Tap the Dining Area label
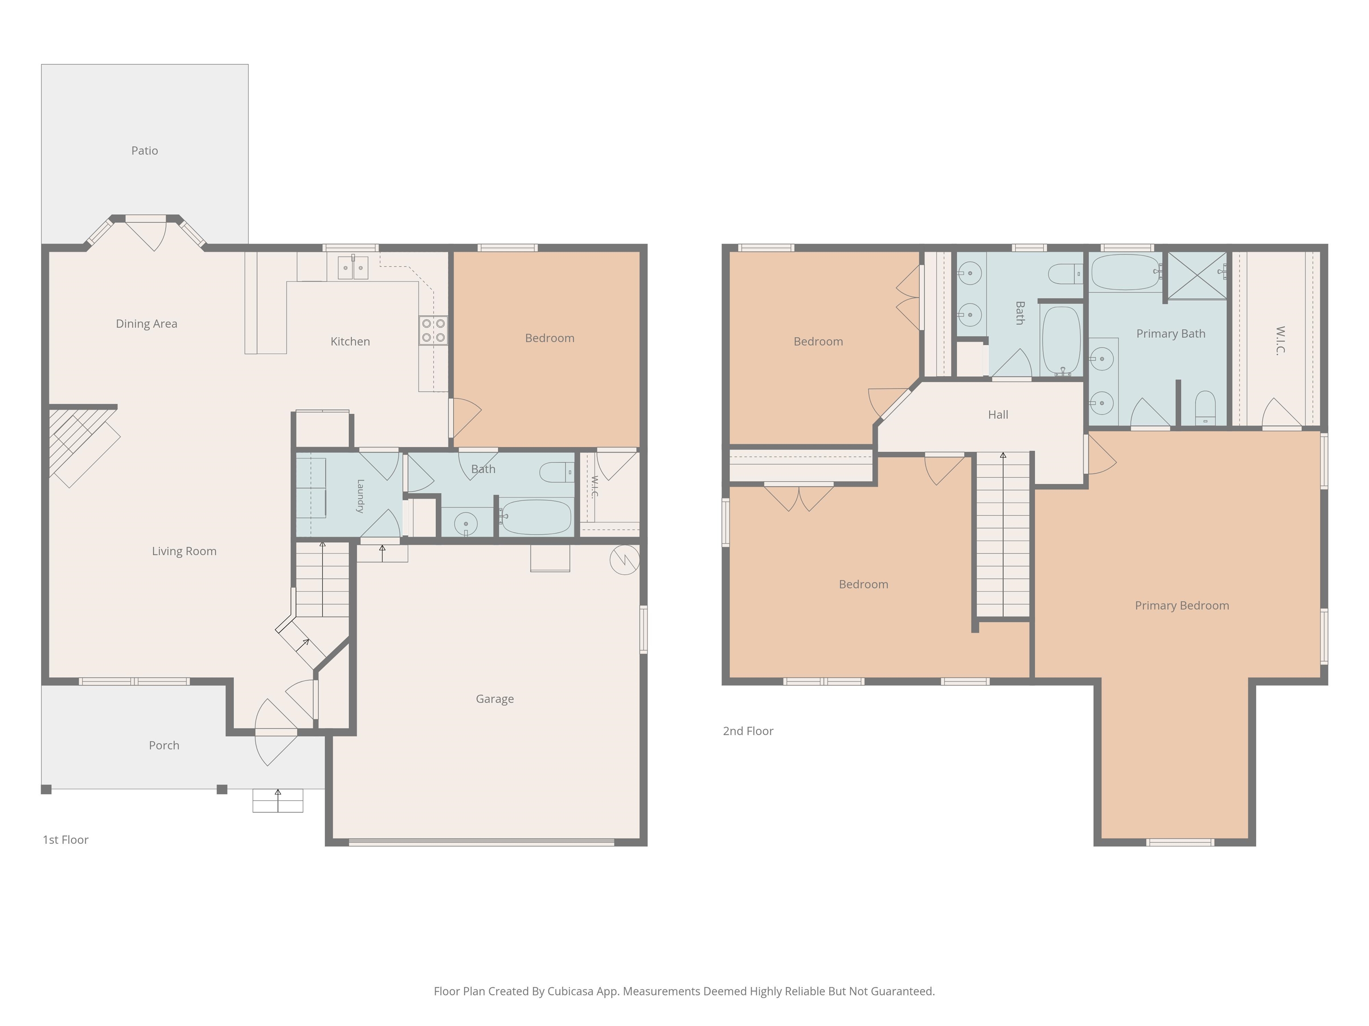click(x=146, y=323)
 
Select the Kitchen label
click(x=350, y=342)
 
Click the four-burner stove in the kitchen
click(x=433, y=330)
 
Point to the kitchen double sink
click(x=353, y=268)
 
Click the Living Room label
click(x=184, y=551)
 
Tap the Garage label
click(x=495, y=699)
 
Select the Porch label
click(x=164, y=745)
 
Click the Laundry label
click(x=360, y=496)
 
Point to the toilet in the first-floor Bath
click(x=557, y=472)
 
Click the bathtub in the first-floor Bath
click(x=536, y=517)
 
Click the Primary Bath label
click(x=1170, y=334)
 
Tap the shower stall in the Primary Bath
click(x=1197, y=275)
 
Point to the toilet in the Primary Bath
click(x=1205, y=407)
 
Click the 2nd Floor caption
click(x=748, y=731)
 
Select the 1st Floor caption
click(x=65, y=840)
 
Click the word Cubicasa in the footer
click(x=570, y=991)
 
